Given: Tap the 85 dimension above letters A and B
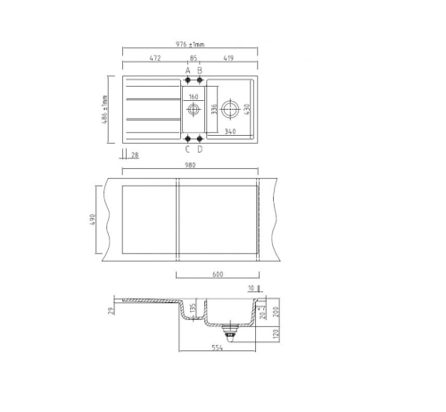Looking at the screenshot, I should [194, 58].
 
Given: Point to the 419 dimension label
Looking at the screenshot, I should [228, 58].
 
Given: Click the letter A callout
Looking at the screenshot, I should [188, 70].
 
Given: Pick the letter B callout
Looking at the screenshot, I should [200, 70].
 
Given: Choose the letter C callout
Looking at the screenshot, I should [188, 149].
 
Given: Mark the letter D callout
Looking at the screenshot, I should [200, 149].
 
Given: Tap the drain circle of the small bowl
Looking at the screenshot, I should [194, 110].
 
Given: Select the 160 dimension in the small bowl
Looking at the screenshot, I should [194, 96].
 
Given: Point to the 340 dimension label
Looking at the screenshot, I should [230, 132].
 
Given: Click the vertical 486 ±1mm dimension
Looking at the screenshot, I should [105, 109].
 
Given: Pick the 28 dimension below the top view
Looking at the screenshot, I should [135, 156].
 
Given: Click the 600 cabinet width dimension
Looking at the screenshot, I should [218, 275].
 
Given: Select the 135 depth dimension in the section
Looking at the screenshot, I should [193, 314].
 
